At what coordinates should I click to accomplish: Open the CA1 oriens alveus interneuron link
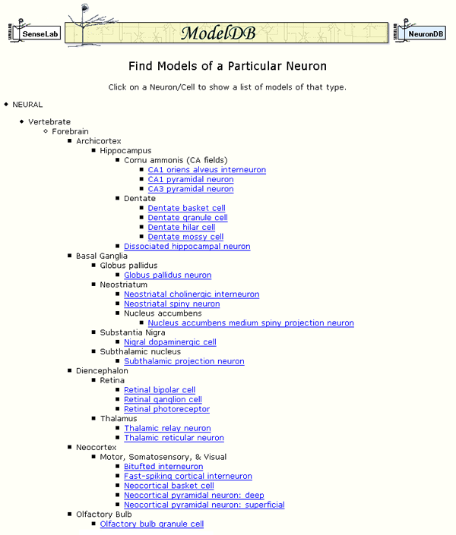(207, 170)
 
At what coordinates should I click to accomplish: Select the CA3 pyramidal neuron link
(190, 189)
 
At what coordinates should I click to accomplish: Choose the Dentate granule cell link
(188, 218)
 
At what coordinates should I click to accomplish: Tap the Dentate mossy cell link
(185, 237)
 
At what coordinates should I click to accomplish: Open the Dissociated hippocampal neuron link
(187, 247)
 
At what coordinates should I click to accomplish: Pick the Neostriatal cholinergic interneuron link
(192, 294)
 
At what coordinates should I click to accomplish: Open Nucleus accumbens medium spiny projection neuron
(251, 323)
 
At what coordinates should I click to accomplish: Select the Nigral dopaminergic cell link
(170, 342)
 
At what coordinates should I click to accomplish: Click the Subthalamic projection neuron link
(184, 362)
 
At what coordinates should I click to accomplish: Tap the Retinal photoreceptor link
(166, 410)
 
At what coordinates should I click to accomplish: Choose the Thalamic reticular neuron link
(174, 438)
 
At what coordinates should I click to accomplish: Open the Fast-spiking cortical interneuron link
(188, 477)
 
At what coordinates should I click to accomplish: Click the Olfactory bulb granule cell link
(152, 524)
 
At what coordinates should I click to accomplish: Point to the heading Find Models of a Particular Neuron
(228, 67)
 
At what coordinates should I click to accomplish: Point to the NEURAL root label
(27, 105)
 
